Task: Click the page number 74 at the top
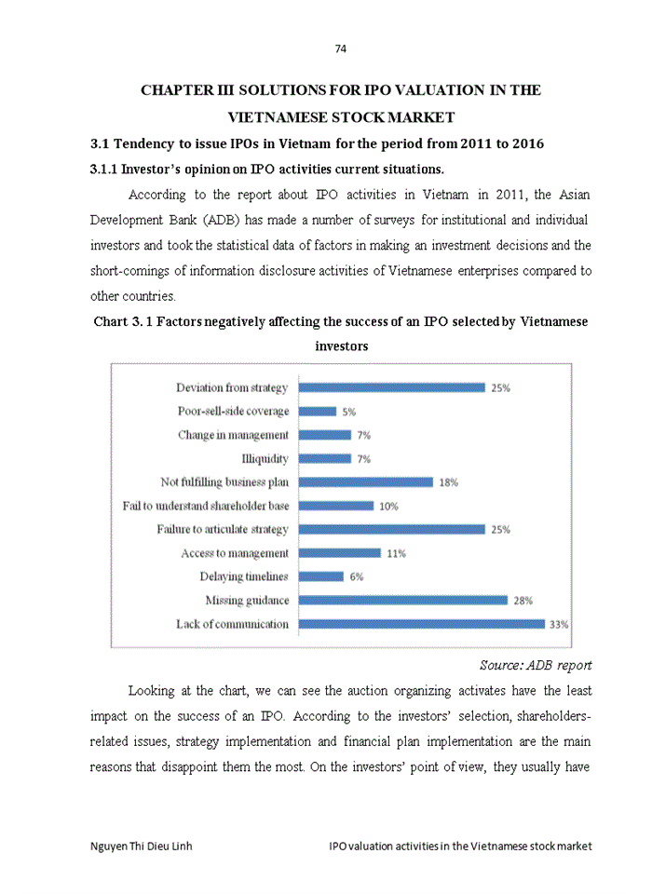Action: pos(340,48)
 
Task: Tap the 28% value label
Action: pos(523,601)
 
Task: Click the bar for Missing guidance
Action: pos(402,601)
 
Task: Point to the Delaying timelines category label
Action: pos(244,576)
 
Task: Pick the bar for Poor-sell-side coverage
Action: pos(317,411)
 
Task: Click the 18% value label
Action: pos(448,482)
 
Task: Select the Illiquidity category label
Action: pos(265,458)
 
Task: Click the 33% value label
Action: pos(558,625)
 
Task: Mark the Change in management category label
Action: pos(233,435)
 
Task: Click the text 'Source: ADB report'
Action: pos(536,665)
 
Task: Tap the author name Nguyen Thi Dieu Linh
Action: pos(142,846)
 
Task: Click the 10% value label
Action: pos(387,506)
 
